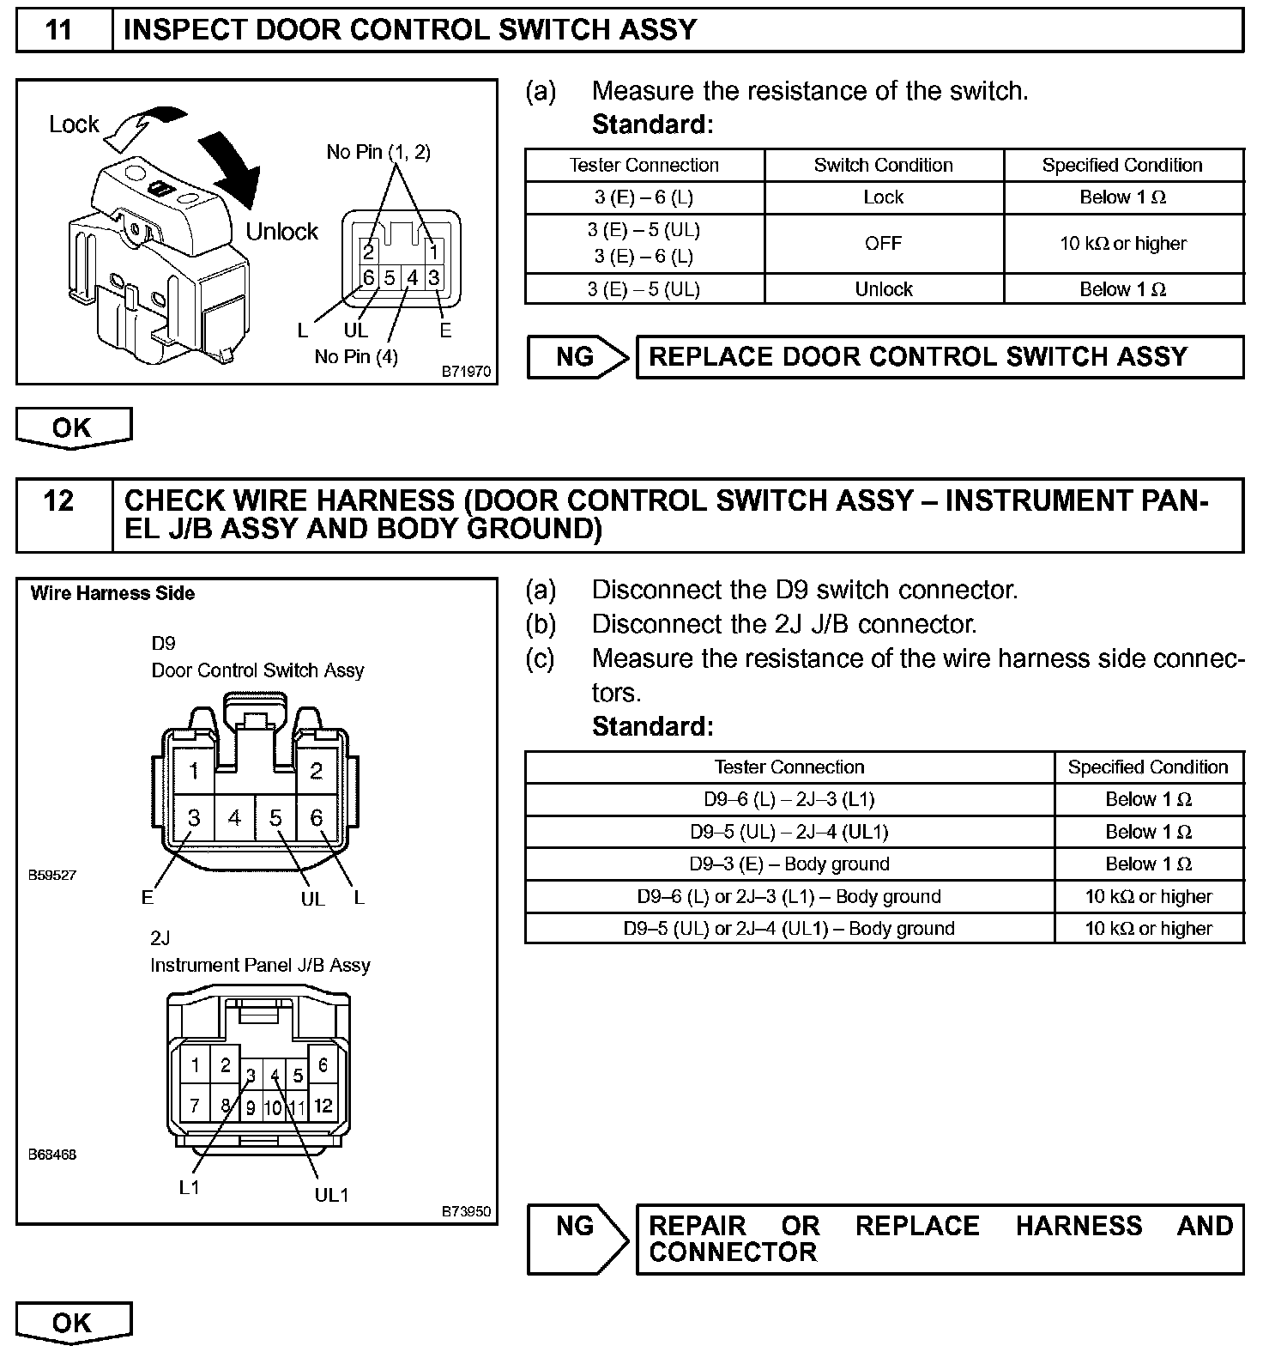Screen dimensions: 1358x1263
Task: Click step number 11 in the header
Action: [x=58, y=30]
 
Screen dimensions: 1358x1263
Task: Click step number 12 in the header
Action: [x=58, y=500]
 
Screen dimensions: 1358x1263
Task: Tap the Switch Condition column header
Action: [x=883, y=165]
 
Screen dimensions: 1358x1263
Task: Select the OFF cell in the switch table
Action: [x=883, y=243]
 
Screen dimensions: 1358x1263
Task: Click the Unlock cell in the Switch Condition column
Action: [x=883, y=289]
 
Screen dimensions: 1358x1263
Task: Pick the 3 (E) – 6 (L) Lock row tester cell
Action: [x=644, y=197]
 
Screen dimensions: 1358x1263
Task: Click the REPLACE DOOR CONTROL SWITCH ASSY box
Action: [x=939, y=357]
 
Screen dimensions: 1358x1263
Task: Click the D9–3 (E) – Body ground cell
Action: [x=789, y=864]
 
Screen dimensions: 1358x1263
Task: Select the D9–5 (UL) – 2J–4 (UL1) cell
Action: [x=789, y=832]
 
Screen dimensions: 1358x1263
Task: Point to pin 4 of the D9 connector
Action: [x=234, y=818]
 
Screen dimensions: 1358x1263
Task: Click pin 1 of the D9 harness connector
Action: [x=194, y=771]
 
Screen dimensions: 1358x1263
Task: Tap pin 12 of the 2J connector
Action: [x=323, y=1106]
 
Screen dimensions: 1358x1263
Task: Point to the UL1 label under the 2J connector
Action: [x=331, y=1195]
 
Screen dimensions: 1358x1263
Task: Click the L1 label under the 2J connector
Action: [x=190, y=1188]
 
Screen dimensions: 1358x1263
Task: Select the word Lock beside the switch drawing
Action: [x=74, y=124]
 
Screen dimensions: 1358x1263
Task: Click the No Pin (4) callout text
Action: [x=356, y=357]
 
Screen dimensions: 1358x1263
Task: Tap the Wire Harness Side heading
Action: [x=112, y=594]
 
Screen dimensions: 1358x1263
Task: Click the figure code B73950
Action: [x=466, y=1211]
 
